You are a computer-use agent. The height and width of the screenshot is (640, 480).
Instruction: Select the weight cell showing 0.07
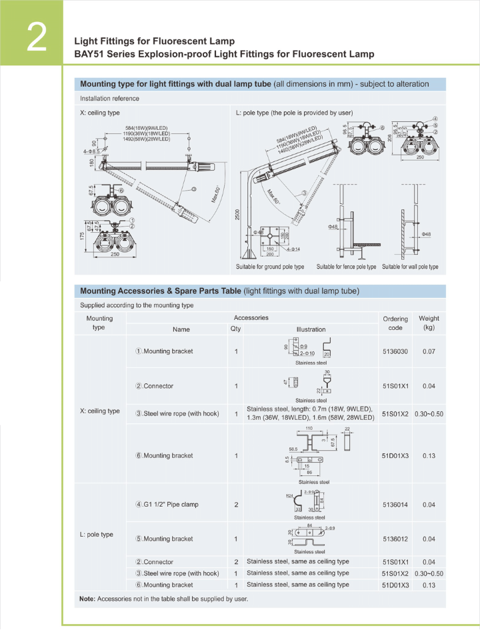[429, 351]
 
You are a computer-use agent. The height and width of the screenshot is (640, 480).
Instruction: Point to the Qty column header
[236, 329]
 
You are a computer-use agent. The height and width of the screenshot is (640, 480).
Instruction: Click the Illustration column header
[311, 329]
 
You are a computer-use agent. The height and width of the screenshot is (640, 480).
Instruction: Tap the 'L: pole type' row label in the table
[97, 535]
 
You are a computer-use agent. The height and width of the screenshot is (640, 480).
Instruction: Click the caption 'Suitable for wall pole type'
[410, 267]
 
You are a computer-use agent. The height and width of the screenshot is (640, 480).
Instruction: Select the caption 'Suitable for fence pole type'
[346, 267]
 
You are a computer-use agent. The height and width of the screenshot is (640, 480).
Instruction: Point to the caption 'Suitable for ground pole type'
[270, 267]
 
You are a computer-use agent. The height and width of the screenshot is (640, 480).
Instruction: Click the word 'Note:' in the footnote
[87, 599]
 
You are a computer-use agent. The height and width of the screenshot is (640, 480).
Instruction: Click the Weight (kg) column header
[429, 323]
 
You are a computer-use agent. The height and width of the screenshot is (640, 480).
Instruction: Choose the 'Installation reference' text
[110, 99]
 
